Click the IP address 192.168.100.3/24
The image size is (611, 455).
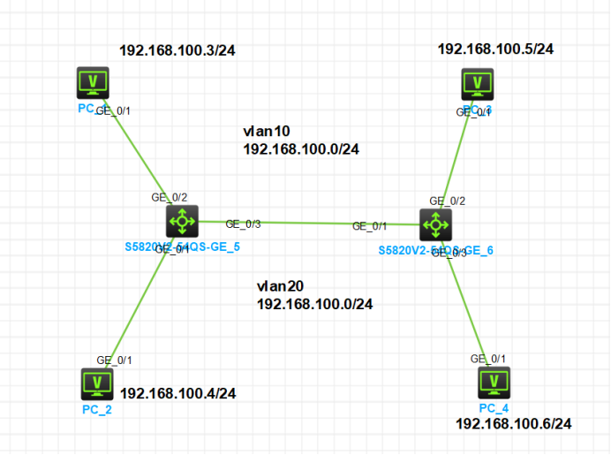(177, 50)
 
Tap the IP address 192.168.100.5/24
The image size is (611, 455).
(495, 49)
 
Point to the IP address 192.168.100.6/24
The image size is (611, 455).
(513, 424)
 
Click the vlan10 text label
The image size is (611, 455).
(262, 132)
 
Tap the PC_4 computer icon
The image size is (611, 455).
(494, 383)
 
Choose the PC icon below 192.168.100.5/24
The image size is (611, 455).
(478, 85)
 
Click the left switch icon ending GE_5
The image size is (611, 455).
(182, 220)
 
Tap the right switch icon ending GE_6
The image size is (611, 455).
(436, 225)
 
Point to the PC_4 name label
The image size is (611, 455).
(494, 407)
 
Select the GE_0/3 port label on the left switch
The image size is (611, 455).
(244, 224)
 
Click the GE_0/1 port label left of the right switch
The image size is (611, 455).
(371, 226)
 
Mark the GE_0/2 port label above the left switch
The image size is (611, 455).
(170, 197)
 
